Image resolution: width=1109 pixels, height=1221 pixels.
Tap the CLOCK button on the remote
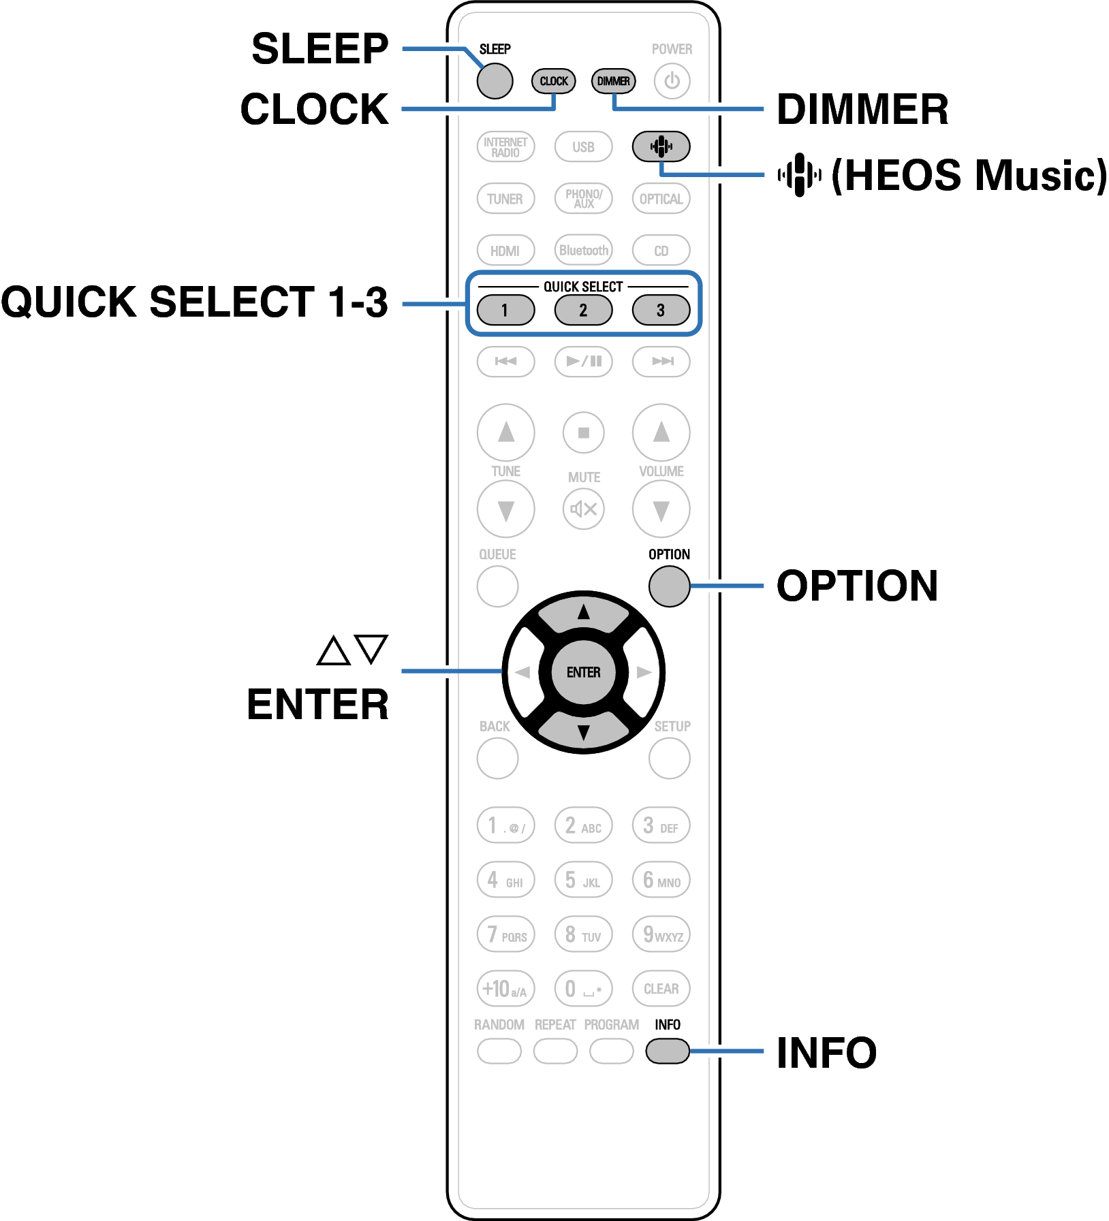553,81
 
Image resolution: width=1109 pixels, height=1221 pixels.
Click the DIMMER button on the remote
613,81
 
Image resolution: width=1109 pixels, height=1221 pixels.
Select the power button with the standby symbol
672,81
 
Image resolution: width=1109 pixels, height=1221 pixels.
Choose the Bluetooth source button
583,250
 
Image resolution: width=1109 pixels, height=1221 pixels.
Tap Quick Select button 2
583,310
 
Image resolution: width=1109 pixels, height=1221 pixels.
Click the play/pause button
583,361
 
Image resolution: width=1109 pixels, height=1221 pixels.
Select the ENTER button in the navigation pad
583,672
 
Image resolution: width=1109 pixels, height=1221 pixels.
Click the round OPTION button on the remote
669,586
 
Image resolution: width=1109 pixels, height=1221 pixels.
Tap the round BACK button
497,758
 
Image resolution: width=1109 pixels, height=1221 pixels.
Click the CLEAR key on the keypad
661,988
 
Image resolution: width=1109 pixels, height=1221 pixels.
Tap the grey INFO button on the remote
668,1051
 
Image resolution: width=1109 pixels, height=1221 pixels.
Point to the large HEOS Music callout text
967,176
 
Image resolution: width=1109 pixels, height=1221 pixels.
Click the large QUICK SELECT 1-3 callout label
195,302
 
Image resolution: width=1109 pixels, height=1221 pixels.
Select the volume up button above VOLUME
661,432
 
